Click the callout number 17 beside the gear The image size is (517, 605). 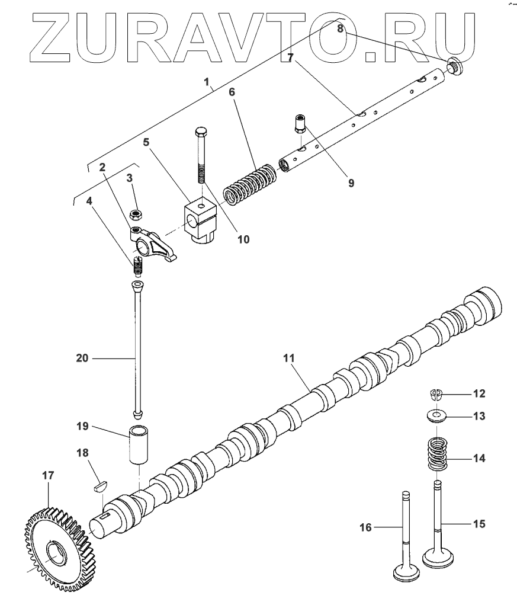[x=48, y=475]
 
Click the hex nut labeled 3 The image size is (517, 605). [x=137, y=212]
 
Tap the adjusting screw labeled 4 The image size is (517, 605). [x=139, y=266]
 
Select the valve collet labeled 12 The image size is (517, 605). [x=436, y=393]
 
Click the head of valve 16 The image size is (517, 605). [x=406, y=574]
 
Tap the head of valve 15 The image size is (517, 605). [x=439, y=558]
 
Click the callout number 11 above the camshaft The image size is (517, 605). [x=288, y=358]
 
